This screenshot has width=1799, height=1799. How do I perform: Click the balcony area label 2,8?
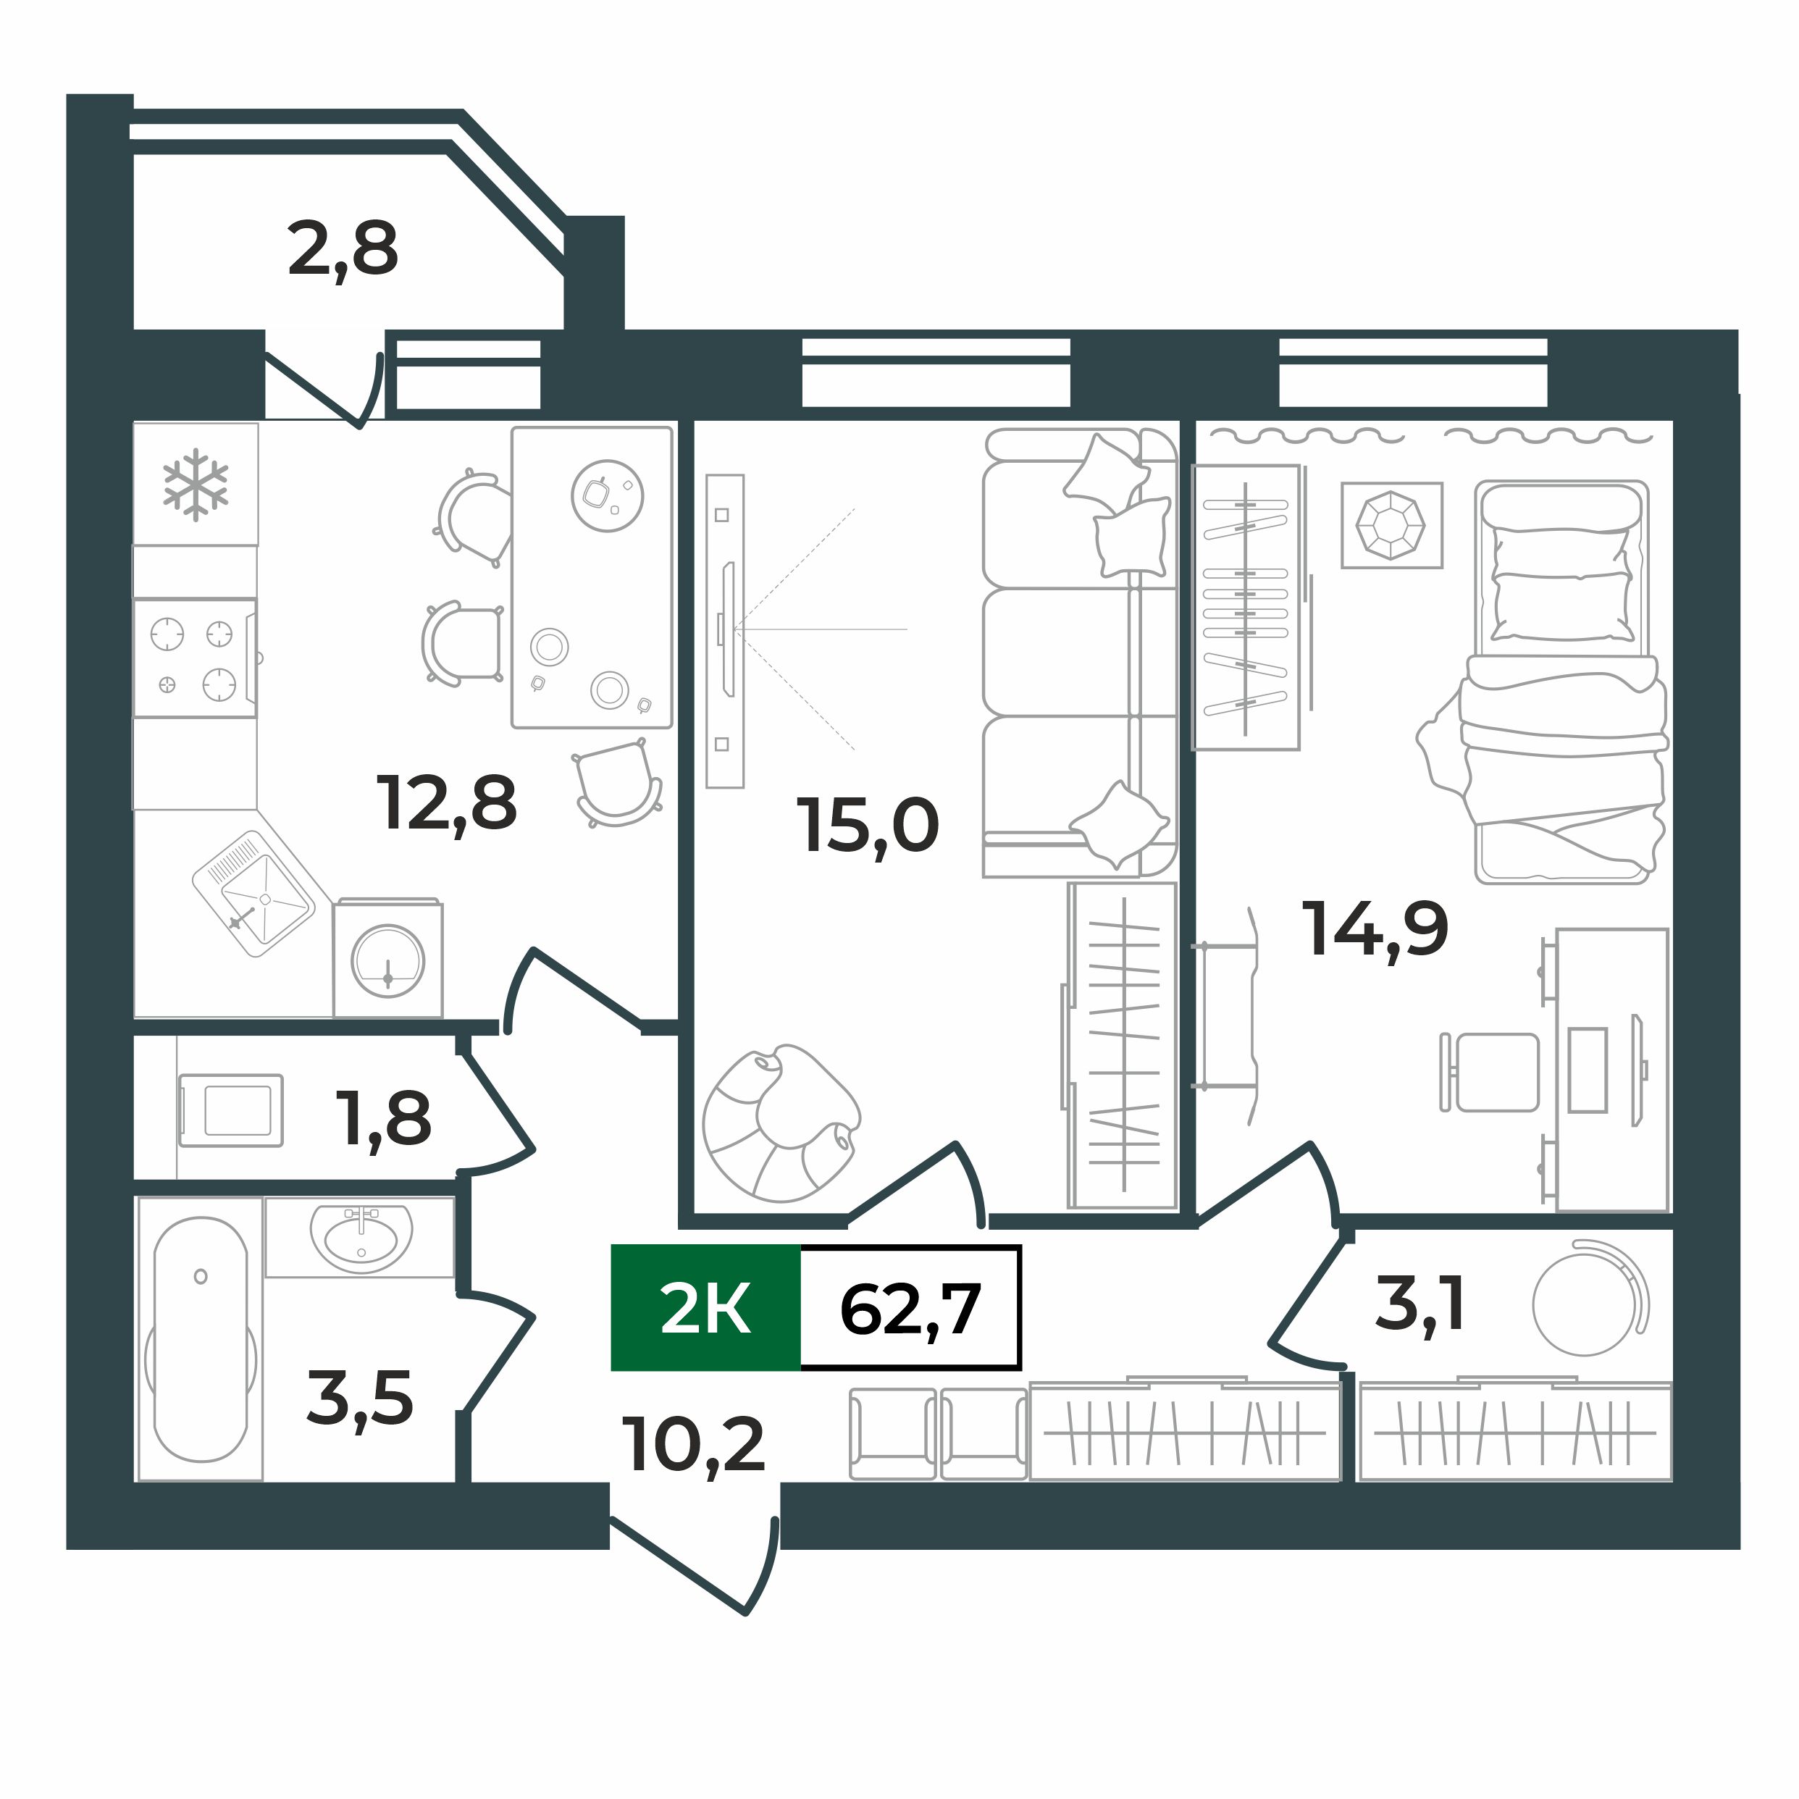pos(343,250)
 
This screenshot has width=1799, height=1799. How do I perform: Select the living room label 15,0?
pos(867,825)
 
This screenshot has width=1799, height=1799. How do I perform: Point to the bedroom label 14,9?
pos(1375,929)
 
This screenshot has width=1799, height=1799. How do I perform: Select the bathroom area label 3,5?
pos(359,1398)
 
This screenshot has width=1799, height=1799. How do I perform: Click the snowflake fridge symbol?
pos(196,485)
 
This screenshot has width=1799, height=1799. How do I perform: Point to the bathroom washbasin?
pos(361,1236)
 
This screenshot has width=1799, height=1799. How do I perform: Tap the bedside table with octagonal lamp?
pos(1391,525)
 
